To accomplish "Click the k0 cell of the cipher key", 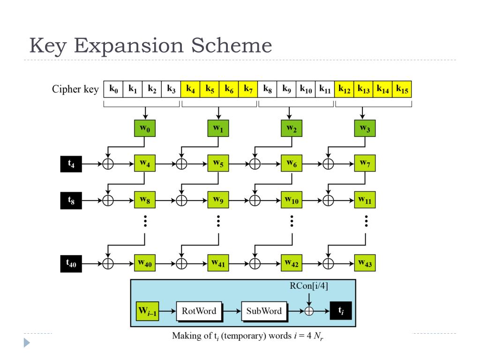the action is [113, 90].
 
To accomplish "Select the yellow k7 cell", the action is [248, 90].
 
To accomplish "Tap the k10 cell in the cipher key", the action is [306, 90].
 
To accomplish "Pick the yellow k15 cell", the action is [402, 90].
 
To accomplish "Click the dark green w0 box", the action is [145, 128].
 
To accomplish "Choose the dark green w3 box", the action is [365, 128].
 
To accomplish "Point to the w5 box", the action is [218, 163].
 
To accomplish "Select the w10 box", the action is [292, 200].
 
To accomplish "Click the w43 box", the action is [365, 263].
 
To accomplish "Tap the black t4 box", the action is [71, 164].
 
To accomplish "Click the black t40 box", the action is [71, 263].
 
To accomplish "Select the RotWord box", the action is [199, 311].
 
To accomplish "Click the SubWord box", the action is [264, 311].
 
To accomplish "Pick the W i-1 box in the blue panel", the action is [147, 311].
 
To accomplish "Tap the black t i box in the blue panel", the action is [341, 311].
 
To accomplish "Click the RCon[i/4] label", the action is [309, 286].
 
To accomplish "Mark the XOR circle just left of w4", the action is [108, 164].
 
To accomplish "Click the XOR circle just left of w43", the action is [328, 263].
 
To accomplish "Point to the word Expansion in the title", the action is [128, 46].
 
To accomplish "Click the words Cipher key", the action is [75, 89].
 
